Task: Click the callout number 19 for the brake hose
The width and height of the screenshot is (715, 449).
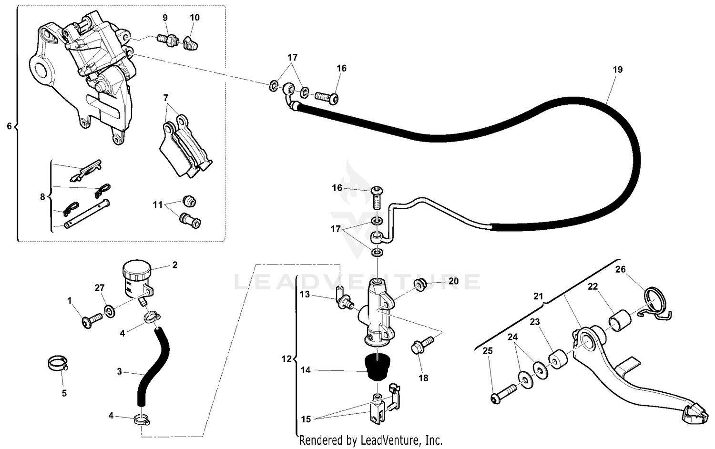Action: [617, 70]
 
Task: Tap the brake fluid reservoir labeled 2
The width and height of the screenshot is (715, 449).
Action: [137, 279]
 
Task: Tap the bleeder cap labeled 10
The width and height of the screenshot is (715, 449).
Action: [191, 43]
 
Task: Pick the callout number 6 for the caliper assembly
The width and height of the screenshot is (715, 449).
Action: [9, 126]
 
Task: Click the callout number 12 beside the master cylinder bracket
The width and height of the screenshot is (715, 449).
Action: [286, 359]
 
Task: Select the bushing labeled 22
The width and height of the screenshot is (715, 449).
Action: [620, 320]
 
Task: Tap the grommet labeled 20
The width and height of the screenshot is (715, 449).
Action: [420, 285]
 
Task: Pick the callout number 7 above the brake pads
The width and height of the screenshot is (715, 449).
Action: [165, 98]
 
